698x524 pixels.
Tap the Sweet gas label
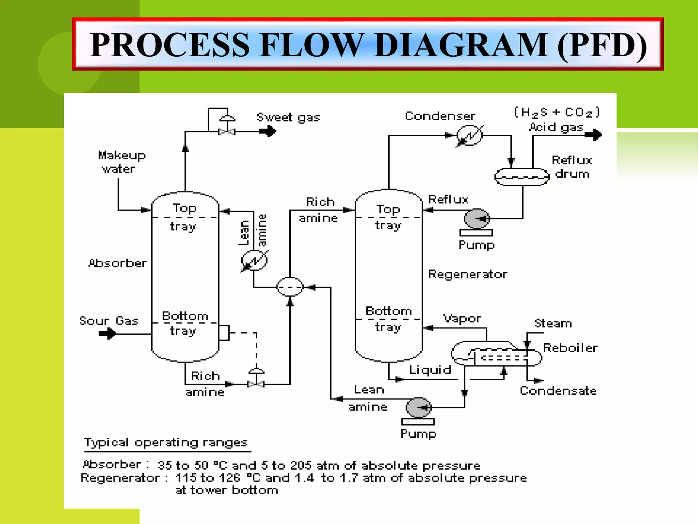tap(288, 118)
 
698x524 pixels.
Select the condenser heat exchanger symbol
tap(470, 135)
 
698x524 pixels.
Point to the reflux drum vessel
tap(522, 177)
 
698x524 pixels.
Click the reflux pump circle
tap(477, 219)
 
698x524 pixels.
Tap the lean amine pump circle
tap(419, 407)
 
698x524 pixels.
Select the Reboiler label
tap(570, 348)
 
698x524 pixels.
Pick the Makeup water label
tap(121, 162)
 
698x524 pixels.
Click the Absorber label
tap(118, 263)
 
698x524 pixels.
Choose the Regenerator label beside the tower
tap(468, 274)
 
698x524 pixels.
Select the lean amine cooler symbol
tap(254, 261)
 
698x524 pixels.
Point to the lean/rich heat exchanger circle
tap(290, 287)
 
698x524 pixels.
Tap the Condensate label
tap(558, 391)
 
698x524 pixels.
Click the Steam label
tap(553, 323)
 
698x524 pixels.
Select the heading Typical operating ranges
tap(166, 443)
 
